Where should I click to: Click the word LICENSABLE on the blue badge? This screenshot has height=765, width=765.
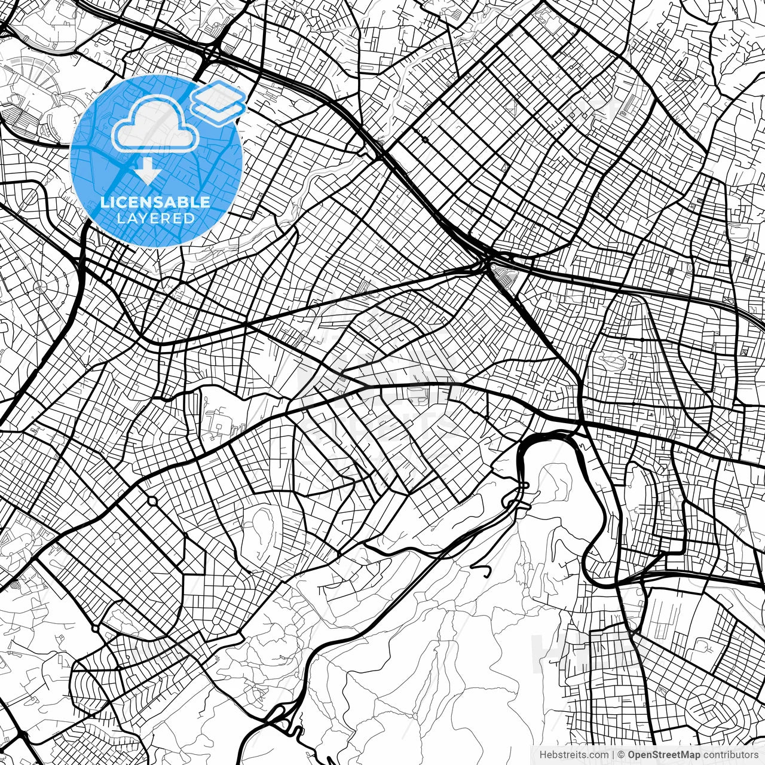[155, 202]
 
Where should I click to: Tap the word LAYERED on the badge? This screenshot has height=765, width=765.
[155, 218]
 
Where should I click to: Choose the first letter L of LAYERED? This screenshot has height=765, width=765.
[120, 218]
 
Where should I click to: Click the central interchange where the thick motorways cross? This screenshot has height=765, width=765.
[485, 260]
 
